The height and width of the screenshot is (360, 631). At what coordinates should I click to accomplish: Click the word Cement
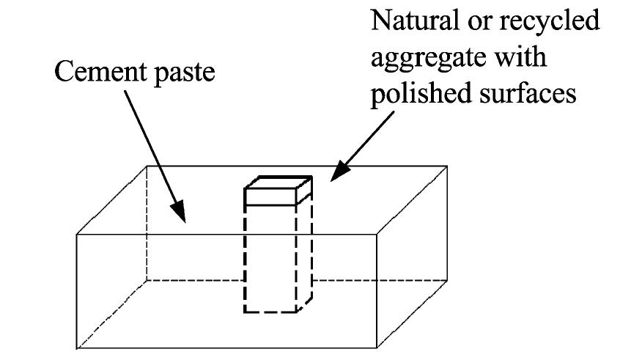pos(100,72)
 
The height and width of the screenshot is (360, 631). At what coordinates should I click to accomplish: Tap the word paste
pos(184,74)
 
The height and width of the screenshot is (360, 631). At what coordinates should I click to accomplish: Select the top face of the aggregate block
pos(278,183)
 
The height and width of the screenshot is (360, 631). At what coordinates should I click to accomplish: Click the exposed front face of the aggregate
pos(270,197)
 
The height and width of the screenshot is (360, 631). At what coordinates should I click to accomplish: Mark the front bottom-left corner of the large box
pos(77,348)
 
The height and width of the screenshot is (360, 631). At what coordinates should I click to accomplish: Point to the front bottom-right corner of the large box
pos(377,348)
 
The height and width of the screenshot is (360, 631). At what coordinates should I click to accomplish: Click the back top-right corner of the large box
pos(447,166)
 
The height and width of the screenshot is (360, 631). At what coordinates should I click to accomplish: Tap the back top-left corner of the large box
pos(147,166)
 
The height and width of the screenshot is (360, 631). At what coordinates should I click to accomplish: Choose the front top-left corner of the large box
pos(77,234)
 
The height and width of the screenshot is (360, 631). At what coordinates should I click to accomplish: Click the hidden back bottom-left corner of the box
pos(147,280)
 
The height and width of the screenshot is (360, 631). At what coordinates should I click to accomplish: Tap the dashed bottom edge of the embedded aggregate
pos(270,312)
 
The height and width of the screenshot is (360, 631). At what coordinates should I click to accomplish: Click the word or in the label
pos(479,23)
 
